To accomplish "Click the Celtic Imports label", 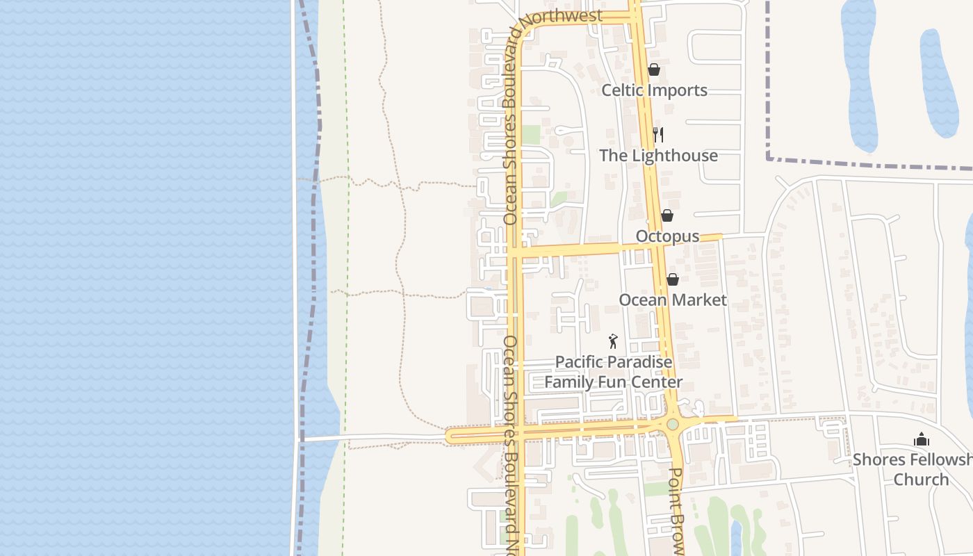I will [x=654, y=90].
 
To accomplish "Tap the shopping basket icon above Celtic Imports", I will [x=653, y=69].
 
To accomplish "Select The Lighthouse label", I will [x=658, y=155].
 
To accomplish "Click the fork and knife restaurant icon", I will [x=658, y=135].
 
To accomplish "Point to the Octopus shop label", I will [x=667, y=236].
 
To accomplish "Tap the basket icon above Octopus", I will [x=667, y=215].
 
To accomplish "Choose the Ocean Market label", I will [x=672, y=300].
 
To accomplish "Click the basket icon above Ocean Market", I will [x=672, y=279].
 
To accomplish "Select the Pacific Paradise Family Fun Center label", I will [x=613, y=372].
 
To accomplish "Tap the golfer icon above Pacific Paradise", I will [x=612, y=341].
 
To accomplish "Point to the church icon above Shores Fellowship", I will [x=922, y=439].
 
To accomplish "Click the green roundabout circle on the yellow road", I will [x=672, y=424].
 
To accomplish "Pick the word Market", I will [x=698, y=300].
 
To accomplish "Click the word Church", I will [x=921, y=480].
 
